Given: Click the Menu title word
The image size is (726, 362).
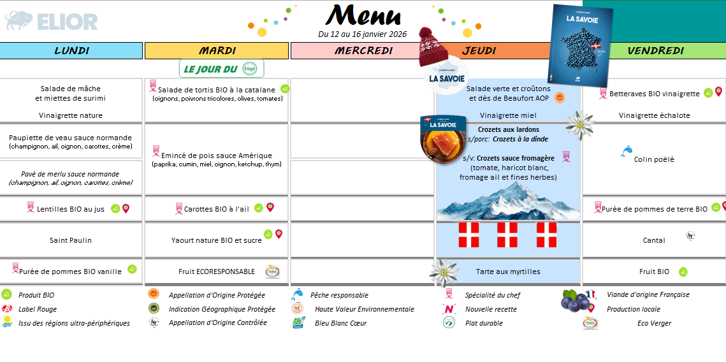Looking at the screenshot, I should coord(363,15).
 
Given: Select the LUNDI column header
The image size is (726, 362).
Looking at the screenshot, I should coord(71,50).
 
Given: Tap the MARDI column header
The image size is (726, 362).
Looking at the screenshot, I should coord(217,50).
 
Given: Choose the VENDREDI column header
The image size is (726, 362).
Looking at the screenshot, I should coord(655,50).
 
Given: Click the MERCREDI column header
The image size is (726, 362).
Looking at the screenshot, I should coord(363,50).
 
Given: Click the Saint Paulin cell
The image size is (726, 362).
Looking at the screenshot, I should coord(71,240).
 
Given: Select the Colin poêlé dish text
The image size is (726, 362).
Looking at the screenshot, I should coord(654,159).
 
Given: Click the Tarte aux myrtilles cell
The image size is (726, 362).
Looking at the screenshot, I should coord(508,271).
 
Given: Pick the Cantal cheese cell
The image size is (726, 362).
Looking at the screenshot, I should coord(654,240).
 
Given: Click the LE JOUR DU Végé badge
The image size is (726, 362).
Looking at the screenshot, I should coord(221,68).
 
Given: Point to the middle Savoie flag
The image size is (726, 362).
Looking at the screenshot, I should coord(507,235).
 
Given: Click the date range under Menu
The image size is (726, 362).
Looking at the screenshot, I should coord(362,34).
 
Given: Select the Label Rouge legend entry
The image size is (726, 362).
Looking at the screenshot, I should coord(37,309).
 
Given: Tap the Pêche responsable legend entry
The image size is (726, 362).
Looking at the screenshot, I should coord(339,295).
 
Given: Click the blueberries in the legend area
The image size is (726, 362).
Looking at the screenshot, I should coord(574,300).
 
